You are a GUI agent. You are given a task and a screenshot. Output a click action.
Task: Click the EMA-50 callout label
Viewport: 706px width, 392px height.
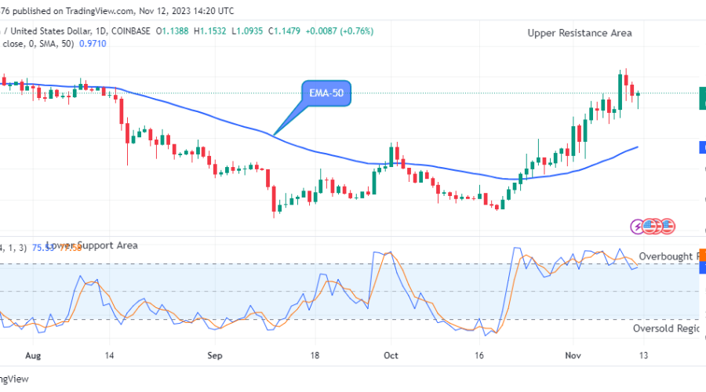(x=326, y=95)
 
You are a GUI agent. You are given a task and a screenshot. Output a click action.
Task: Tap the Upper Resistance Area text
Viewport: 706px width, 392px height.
(x=580, y=33)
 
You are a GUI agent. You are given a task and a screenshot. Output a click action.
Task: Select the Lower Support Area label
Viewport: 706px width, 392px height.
(x=92, y=245)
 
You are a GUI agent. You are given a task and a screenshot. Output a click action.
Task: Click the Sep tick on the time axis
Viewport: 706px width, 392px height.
(x=216, y=354)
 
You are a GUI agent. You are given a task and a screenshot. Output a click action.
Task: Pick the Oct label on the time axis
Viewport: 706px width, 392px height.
(x=391, y=354)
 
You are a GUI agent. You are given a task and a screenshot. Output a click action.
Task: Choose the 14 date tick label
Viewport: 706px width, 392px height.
(x=110, y=354)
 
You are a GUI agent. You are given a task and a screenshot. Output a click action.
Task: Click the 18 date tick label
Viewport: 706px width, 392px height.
(x=315, y=354)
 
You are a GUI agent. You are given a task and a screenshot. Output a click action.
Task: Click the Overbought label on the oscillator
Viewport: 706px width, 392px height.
(x=666, y=256)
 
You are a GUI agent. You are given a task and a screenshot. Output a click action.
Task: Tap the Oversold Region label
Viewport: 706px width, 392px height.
(x=665, y=328)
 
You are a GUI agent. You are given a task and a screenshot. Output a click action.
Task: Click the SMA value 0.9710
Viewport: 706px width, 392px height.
(x=91, y=44)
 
